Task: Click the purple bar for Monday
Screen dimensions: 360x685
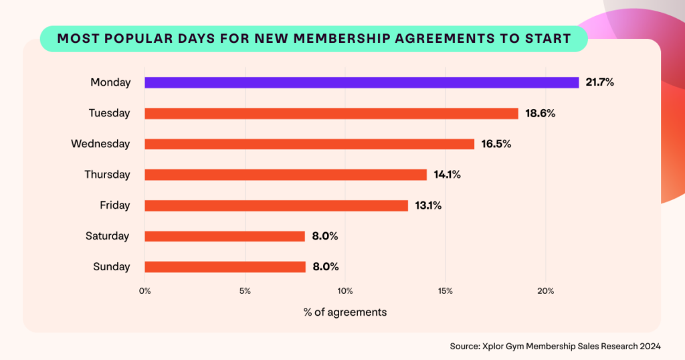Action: point(361,82)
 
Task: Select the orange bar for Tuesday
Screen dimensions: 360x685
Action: point(331,113)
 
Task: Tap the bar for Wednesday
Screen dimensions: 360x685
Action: point(309,144)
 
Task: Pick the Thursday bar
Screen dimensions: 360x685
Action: point(286,175)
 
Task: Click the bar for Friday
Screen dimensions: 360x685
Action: point(276,205)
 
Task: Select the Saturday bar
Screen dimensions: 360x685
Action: point(225,236)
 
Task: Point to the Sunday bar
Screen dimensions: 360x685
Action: point(225,267)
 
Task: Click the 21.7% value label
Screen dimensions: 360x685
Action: point(599,82)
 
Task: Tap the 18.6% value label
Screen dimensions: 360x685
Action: point(540,113)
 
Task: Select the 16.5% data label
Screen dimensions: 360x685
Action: point(496,144)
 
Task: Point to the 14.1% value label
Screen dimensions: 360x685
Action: point(447,175)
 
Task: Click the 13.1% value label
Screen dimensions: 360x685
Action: point(427,205)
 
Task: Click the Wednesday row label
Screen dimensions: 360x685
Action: point(100,144)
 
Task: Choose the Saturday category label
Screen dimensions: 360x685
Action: point(108,236)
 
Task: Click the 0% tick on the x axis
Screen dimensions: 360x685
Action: point(145,291)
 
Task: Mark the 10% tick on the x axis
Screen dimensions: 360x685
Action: point(345,291)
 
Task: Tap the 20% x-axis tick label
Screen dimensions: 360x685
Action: point(545,291)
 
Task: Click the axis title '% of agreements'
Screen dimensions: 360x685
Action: point(345,312)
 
